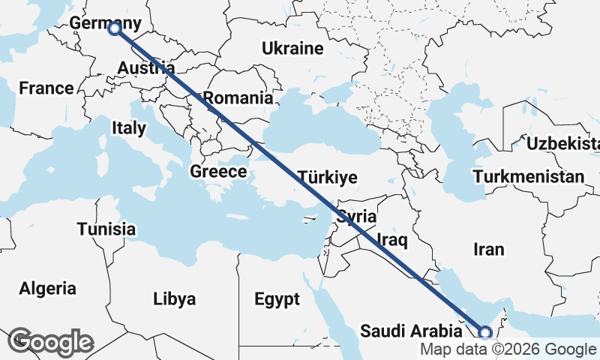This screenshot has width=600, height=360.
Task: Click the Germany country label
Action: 105,23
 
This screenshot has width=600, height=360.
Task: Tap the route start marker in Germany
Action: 114,28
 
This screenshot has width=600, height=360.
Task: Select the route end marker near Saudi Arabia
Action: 485,332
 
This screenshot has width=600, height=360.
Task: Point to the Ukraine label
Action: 292,49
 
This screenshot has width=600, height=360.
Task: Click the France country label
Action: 46,88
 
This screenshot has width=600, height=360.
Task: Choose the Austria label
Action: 145,68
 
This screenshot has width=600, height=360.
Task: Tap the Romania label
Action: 238,97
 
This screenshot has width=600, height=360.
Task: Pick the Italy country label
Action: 129,127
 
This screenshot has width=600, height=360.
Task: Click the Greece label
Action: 218,172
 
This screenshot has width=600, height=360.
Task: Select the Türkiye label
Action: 328,178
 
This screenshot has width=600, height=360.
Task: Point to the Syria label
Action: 355,217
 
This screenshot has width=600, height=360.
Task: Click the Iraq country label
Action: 391,240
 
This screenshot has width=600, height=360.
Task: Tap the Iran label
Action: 488,249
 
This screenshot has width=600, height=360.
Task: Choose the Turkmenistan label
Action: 529,177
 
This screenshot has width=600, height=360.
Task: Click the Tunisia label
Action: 106,229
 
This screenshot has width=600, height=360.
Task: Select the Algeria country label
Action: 48,288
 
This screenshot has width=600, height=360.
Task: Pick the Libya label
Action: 174,299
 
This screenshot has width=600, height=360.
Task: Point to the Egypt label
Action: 277,299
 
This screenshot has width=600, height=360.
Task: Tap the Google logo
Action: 50,342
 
